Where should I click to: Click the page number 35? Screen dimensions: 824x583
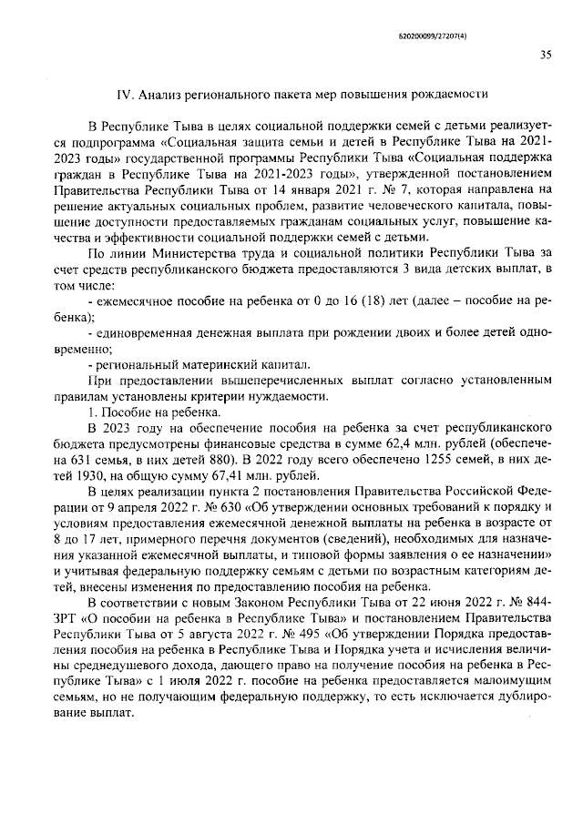click(545, 54)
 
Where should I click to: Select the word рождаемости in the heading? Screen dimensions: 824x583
click(449, 93)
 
